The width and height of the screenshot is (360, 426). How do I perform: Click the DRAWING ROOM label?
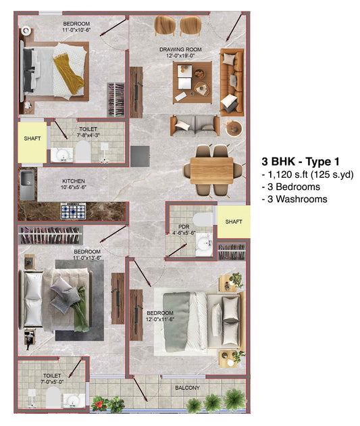tap(180, 49)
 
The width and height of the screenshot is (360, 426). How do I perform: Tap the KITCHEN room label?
tap(74, 181)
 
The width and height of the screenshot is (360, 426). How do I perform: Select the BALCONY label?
tap(188, 387)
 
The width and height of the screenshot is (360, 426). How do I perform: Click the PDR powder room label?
tap(184, 227)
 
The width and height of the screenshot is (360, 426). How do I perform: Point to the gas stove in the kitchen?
tap(73, 211)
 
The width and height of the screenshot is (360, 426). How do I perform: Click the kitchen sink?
tap(28, 185)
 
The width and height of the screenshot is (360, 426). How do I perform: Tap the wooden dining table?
tap(211, 170)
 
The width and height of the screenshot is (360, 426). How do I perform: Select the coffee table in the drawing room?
tap(192, 82)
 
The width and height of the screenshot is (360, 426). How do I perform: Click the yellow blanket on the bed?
tap(68, 74)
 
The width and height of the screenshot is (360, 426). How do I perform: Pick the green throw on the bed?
tap(81, 309)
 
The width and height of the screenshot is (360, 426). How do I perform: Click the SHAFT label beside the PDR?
tap(234, 222)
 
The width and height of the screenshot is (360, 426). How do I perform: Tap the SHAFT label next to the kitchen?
tap(32, 139)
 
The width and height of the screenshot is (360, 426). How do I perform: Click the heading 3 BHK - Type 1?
tap(301, 162)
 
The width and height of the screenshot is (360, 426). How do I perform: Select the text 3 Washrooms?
tap(294, 199)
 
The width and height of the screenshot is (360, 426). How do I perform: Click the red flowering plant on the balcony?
tap(99, 403)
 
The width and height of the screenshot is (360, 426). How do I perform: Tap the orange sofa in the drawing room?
tap(232, 81)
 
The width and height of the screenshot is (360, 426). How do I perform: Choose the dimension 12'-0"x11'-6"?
tap(160, 319)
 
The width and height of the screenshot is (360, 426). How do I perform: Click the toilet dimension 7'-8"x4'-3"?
tap(88, 135)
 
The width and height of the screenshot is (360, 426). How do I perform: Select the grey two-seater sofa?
tap(195, 126)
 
